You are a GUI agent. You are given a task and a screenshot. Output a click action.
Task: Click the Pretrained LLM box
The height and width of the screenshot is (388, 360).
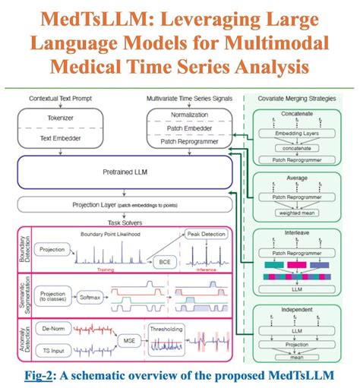point(122,172)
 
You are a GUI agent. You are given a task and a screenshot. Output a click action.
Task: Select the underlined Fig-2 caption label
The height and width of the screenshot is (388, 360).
point(39,374)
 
